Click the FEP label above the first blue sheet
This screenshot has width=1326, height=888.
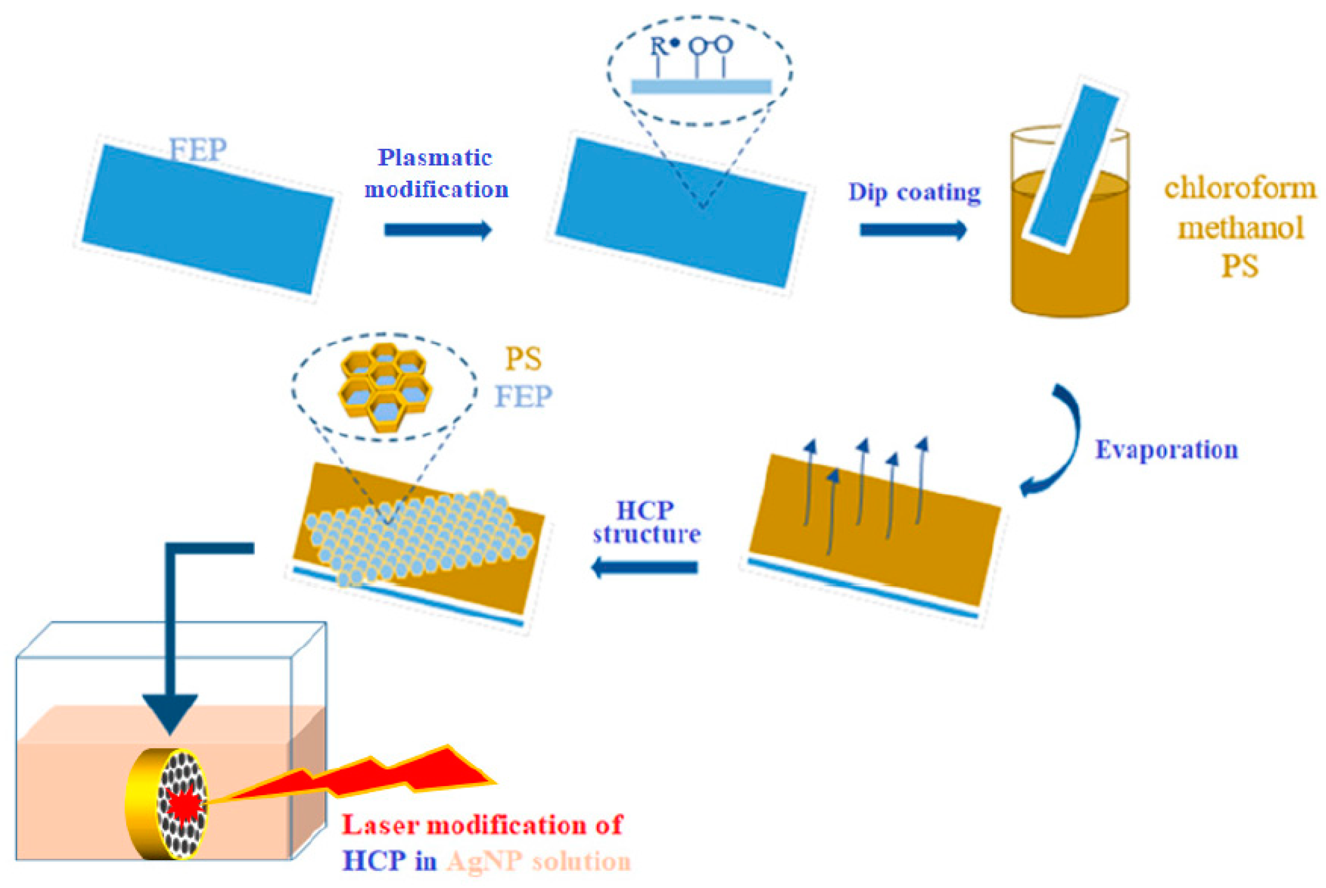pos(198,150)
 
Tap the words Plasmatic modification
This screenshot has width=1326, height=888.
pos(436,173)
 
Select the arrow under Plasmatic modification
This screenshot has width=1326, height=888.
pos(437,230)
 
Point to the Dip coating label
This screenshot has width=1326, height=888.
pos(914,193)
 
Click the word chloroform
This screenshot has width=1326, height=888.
pos(1239,188)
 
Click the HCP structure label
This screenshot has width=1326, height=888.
pos(646,522)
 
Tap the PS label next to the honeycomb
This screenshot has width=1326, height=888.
pos(523,359)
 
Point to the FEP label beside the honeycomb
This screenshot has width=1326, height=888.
pos(523,396)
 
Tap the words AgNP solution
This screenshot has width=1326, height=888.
pos(538,861)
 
